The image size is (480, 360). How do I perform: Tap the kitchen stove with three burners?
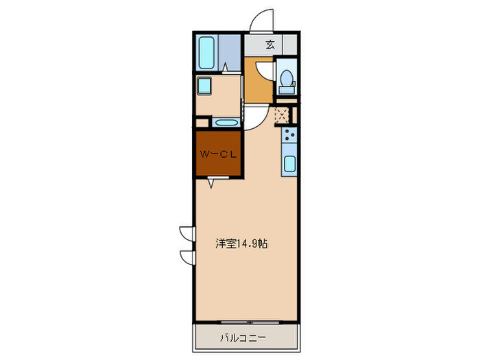289,134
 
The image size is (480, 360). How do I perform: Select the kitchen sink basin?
289,165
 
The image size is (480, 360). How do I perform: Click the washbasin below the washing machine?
225,123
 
